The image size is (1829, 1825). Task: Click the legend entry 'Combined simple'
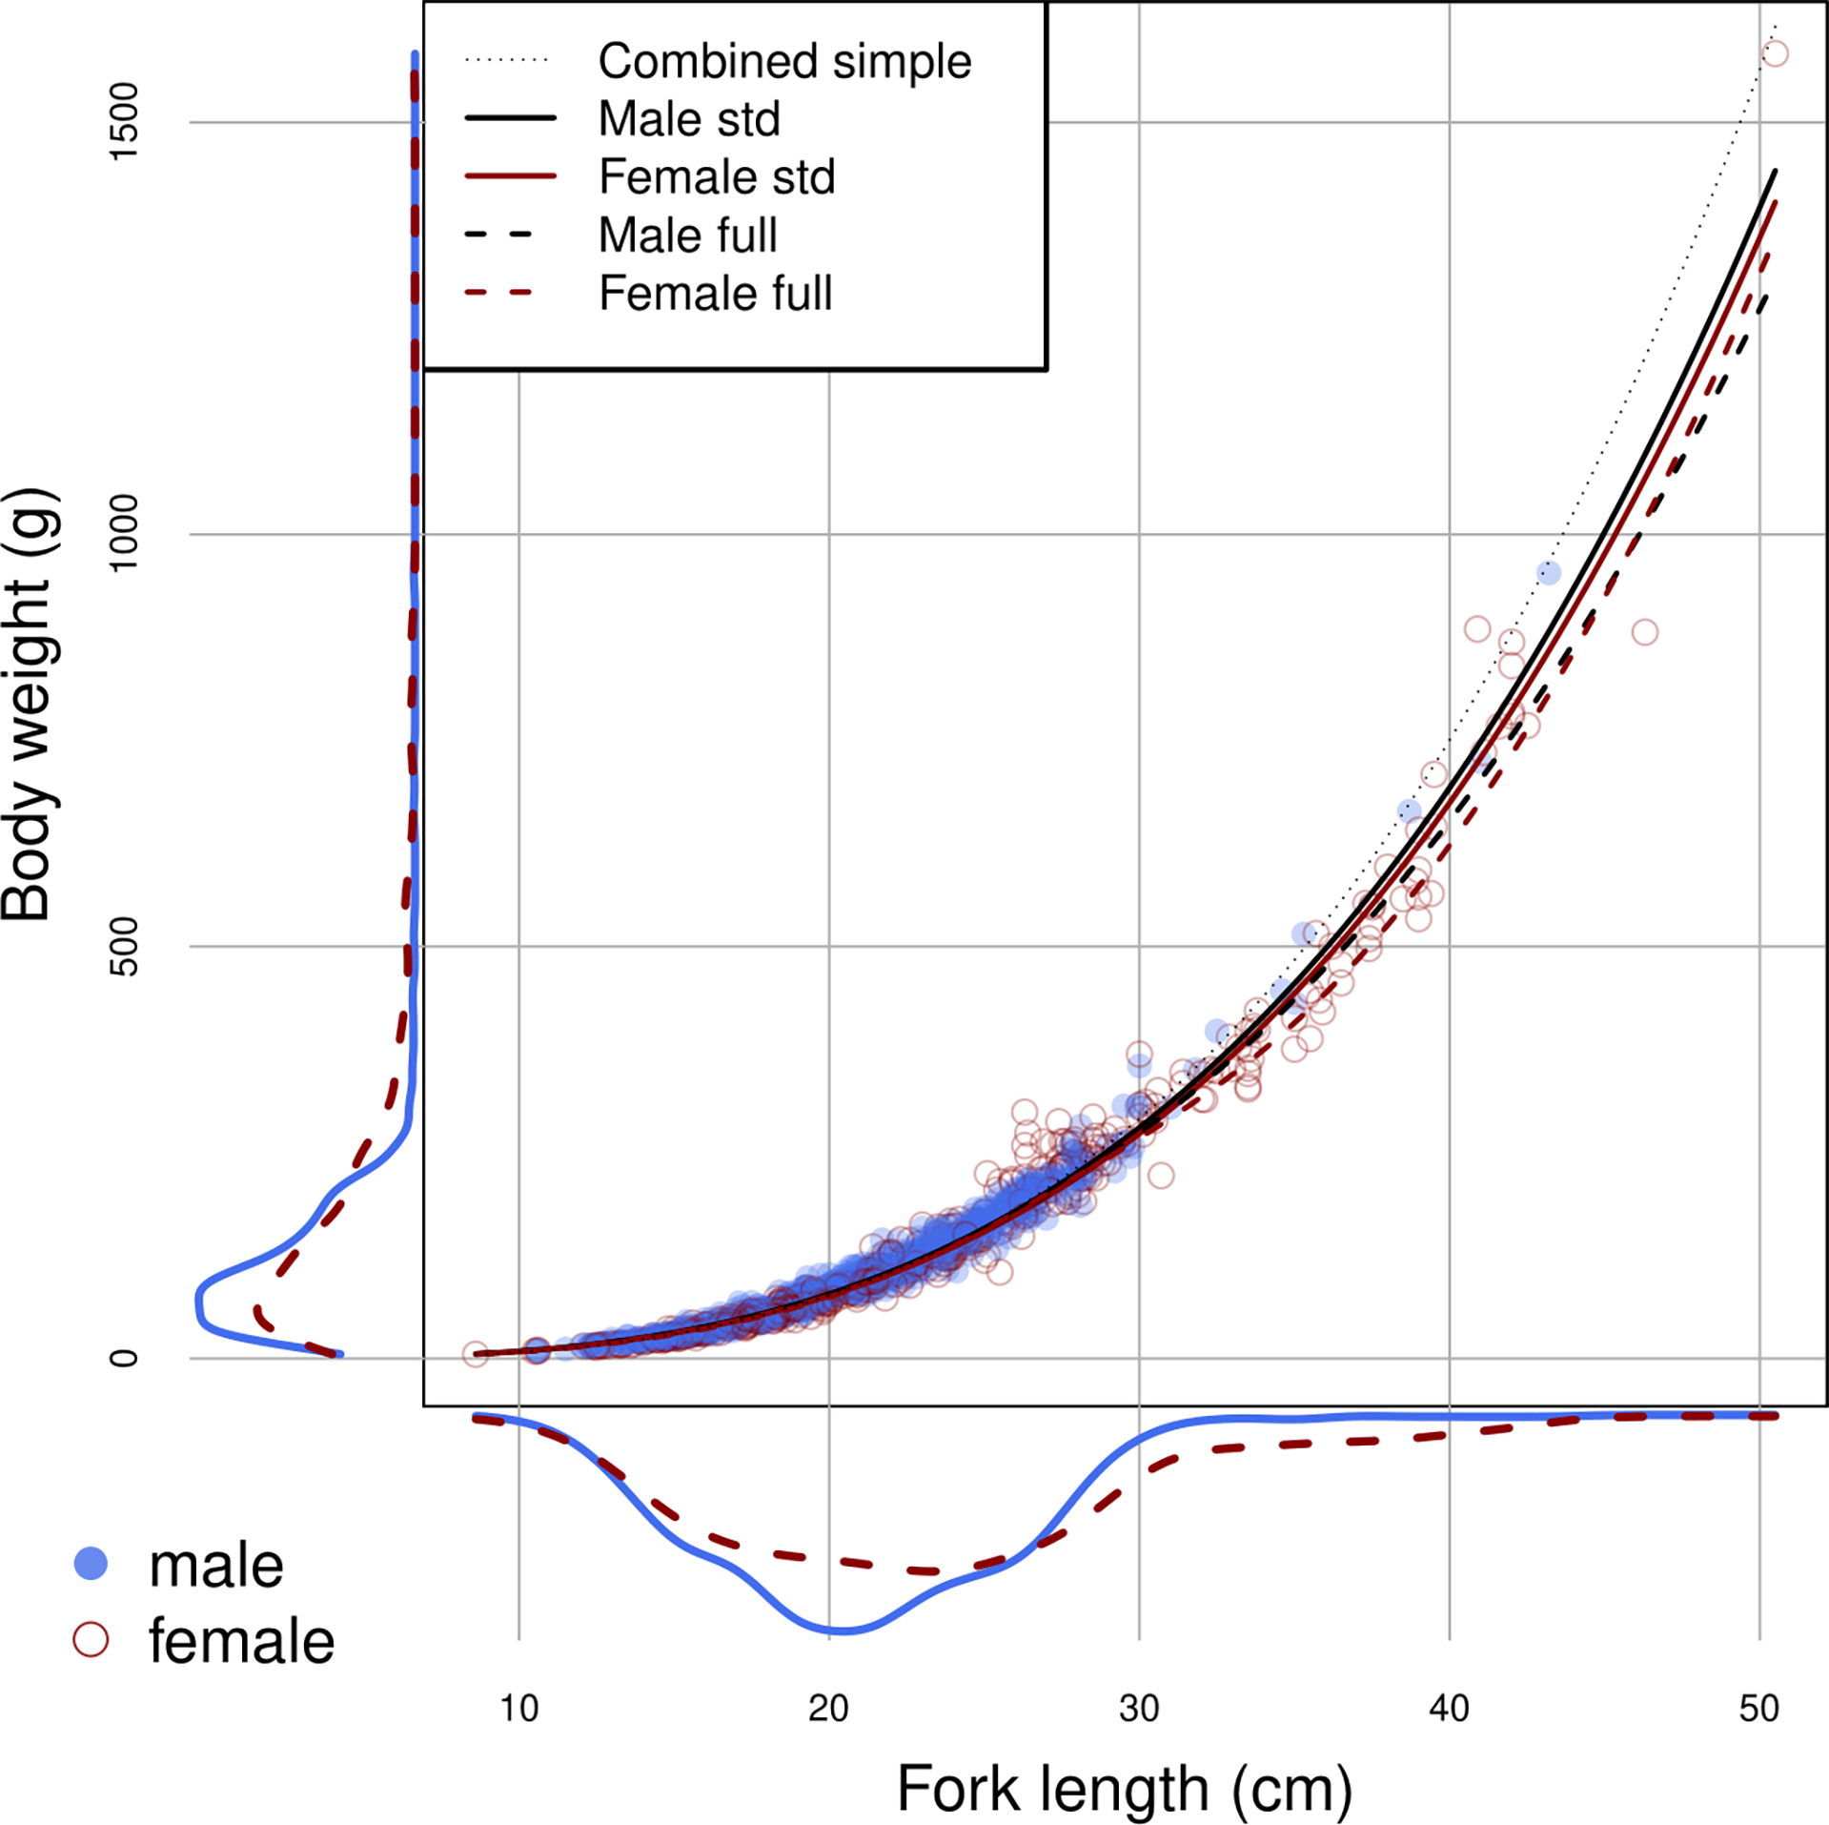783,61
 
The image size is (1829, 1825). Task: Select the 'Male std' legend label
688,119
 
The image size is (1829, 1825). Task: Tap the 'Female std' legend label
716,177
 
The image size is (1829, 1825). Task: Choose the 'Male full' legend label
687,236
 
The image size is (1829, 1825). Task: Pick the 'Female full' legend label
715,294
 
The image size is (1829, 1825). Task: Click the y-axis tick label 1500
124,122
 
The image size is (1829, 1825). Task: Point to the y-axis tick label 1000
124,534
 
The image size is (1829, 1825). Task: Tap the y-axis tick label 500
124,946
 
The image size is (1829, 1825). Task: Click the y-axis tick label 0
124,1358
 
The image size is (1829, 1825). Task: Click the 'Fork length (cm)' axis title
1125,1790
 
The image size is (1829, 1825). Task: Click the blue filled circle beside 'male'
91,1563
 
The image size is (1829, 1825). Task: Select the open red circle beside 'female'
91,1639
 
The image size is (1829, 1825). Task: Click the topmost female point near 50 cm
1774,53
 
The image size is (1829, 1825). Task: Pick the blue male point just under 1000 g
1548,573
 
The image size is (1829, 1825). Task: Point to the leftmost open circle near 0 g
475,1354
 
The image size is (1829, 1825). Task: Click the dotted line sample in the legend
507,60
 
